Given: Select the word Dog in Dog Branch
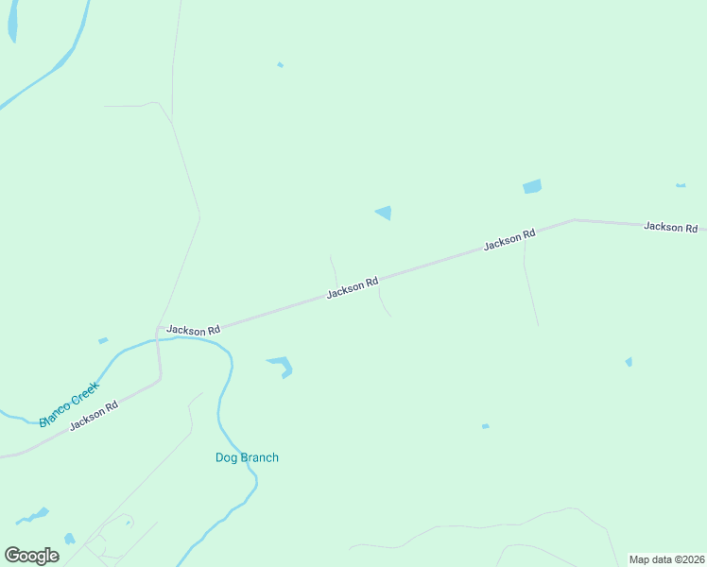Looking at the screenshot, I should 225,458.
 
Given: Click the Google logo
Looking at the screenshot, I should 31,555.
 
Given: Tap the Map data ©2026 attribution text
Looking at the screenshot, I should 666,559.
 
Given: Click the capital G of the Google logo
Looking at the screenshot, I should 12,555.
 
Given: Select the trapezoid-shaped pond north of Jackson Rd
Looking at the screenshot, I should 384,213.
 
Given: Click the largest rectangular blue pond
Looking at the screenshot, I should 532,186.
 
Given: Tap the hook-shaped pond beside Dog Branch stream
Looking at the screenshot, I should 283,366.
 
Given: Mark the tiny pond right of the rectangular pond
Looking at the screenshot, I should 681,185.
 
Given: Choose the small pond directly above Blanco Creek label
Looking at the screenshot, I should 103,340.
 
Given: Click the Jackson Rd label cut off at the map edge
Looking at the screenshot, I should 671,227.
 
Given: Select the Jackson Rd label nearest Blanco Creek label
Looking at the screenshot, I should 93,415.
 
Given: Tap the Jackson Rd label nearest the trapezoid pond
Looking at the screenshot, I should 353,287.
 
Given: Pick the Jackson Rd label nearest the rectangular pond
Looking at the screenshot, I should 509,239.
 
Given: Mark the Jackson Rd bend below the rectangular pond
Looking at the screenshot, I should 574,220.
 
